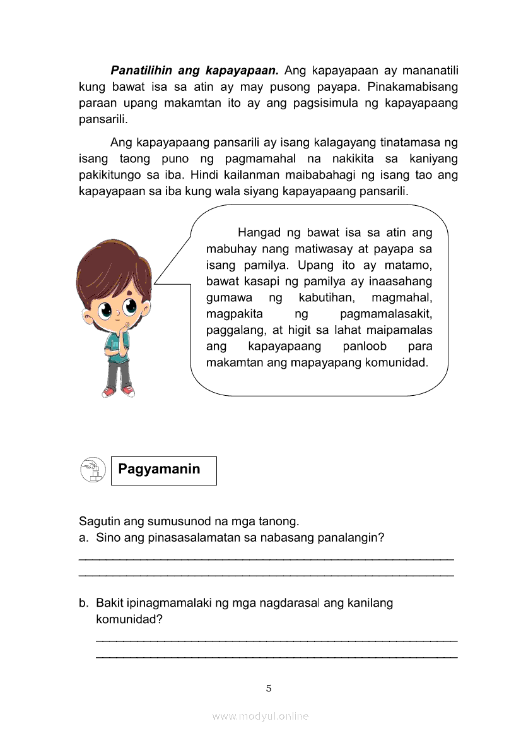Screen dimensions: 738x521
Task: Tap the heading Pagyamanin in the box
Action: (x=159, y=469)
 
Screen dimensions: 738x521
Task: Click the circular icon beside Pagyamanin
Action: (x=93, y=470)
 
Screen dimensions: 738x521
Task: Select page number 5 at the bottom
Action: (x=269, y=688)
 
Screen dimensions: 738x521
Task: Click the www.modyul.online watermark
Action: (x=260, y=716)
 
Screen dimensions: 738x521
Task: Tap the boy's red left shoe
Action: (x=109, y=392)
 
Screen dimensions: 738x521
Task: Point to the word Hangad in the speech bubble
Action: (x=257, y=232)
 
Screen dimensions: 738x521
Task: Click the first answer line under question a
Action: (x=266, y=559)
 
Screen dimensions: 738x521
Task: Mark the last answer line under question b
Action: (x=276, y=657)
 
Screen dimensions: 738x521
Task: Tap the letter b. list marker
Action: (x=84, y=603)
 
